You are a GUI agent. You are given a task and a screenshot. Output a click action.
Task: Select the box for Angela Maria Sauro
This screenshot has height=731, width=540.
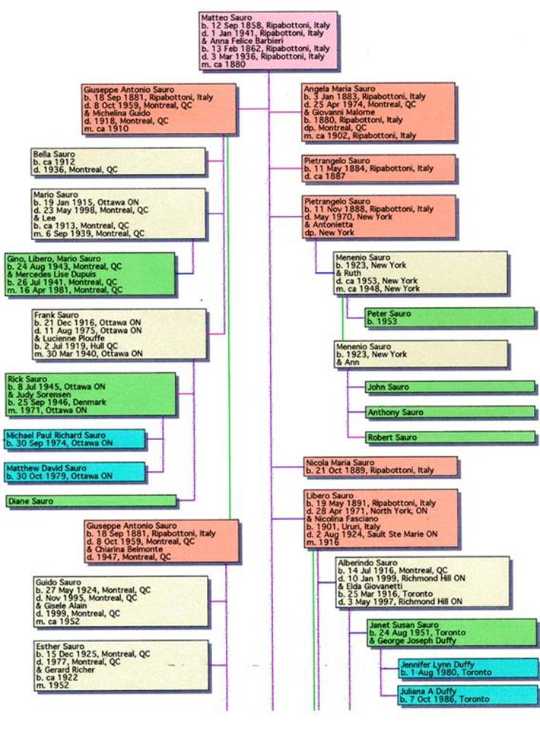378,112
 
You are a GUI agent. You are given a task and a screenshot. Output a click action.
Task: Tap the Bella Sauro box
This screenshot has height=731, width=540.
118,161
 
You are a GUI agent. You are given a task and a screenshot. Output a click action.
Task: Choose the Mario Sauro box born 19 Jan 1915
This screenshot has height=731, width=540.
119,214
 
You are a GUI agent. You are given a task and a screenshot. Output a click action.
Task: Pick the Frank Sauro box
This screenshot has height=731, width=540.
119,333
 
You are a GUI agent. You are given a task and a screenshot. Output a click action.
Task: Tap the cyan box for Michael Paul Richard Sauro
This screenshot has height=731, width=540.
74,438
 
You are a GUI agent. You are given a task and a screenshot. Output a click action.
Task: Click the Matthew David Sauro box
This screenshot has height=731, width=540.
74,472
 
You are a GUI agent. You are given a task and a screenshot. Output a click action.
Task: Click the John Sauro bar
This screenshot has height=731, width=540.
449,388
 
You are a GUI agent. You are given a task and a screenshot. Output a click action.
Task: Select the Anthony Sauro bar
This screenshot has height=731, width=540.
449,413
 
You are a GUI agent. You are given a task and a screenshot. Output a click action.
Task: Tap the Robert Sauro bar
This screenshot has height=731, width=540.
449,438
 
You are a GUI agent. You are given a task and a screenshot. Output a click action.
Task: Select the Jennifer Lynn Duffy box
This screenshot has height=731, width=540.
467,668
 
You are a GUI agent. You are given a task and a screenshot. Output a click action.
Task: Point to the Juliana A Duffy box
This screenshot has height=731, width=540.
467,695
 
